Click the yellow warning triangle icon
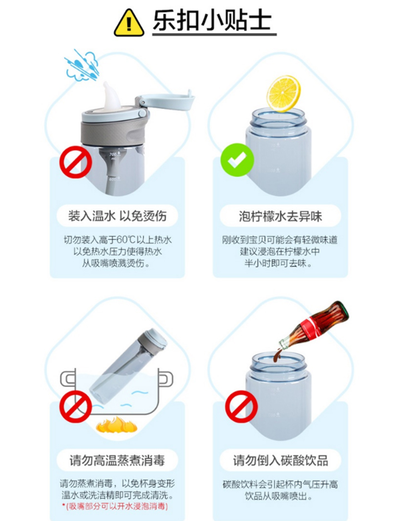click(x=129, y=23)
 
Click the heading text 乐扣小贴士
click(x=212, y=20)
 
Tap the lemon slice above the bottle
click(x=283, y=94)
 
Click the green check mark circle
click(x=237, y=160)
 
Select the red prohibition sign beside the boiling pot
click(x=75, y=407)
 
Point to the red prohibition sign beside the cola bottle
click(x=241, y=407)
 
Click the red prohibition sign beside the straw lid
click(x=75, y=162)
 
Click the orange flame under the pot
click(x=117, y=425)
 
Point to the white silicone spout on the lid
click(x=111, y=96)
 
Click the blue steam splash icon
click(x=82, y=66)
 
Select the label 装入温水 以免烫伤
click(x=118, y=216)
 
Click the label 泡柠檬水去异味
click(x=280, y=216)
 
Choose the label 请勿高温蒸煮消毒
click(x=117, y=460)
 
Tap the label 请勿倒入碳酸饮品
click(x=280, y=460)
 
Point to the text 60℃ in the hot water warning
click(x=126, y=239)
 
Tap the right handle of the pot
click(x=165, y=378)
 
